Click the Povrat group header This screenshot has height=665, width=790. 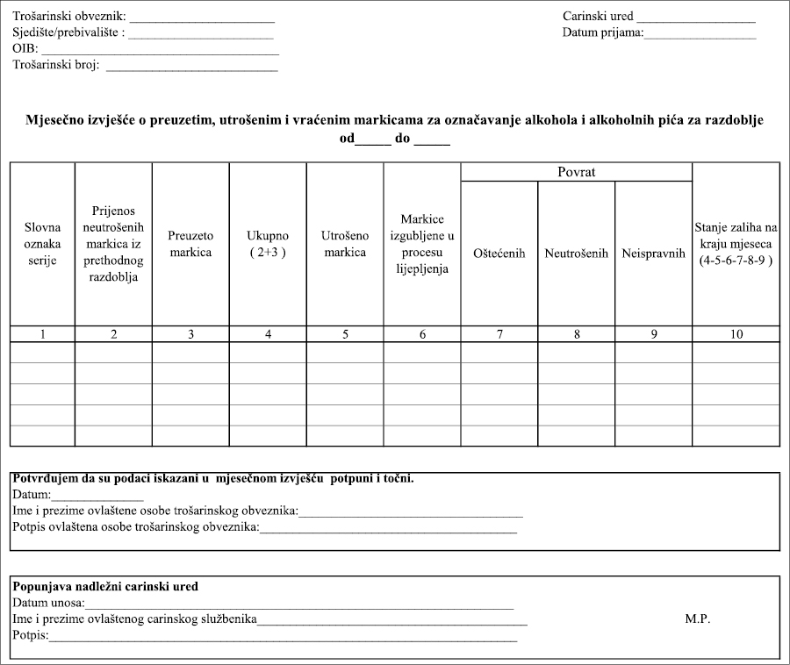[x=576, y=172]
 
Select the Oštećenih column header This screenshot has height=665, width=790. [x=499, y=254]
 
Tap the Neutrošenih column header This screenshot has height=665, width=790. [x=576, y=254]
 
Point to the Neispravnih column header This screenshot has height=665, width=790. [x=653, y=254]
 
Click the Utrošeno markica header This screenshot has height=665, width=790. [x=344, y=244]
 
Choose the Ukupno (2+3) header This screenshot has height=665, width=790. [x=268, y=244]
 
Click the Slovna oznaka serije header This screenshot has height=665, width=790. [x=42, y=244]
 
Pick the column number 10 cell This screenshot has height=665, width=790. [x=736, y=333]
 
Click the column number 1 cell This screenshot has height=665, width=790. [x=42, y=333]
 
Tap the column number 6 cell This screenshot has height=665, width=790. [x=421, y=333]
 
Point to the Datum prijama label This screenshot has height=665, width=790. [x=603, y=33]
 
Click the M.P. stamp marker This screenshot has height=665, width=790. [x=697, y=619]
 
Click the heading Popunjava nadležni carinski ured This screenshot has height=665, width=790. [x=105, y=586]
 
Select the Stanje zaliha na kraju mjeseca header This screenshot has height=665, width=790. [x=736, y=244]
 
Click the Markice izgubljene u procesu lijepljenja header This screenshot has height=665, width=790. [x=421, y=244]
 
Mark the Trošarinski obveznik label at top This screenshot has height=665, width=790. [x=68, y=17]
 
